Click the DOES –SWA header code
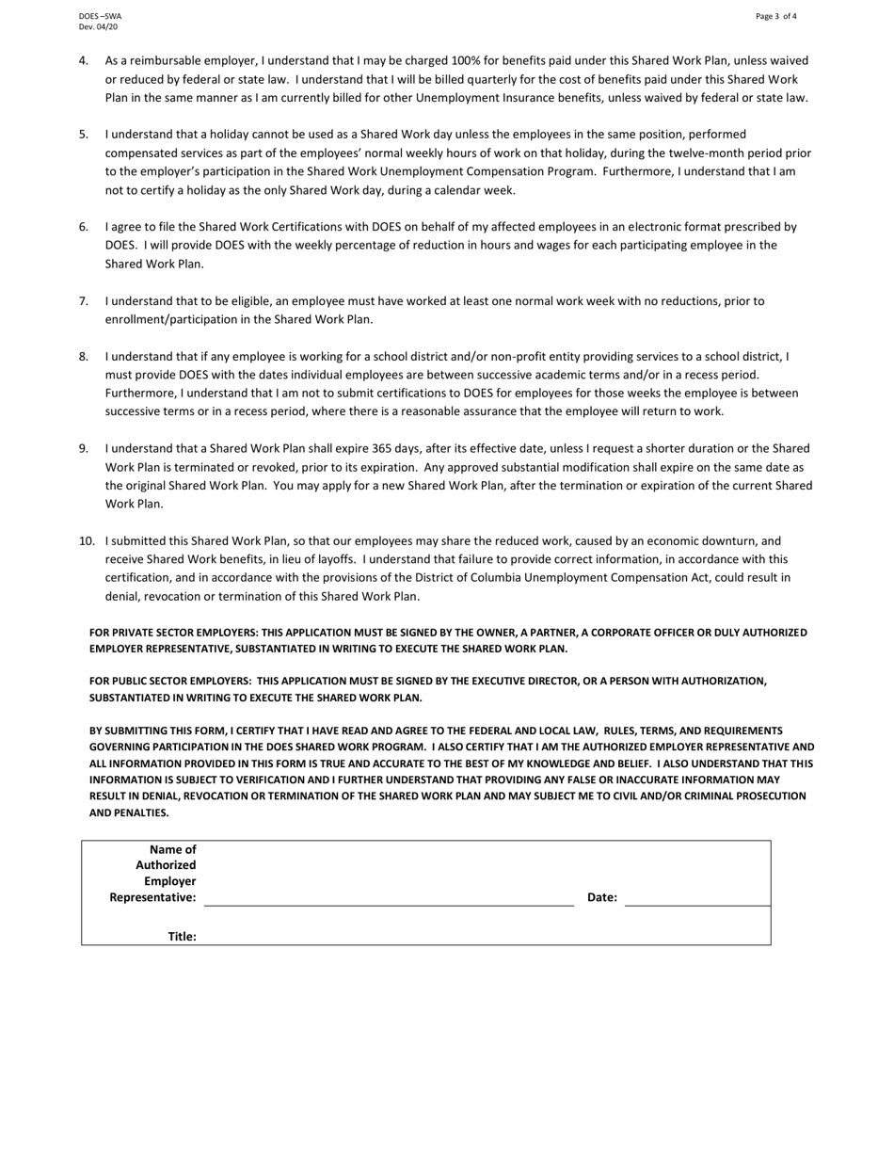tap(100, 16)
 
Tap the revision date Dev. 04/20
tap(98, 27)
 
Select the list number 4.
tap(84, 61)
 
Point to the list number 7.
tap(84, 301)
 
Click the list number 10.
tap(87, 541)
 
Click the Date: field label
tap(602, 898)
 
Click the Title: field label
tap(182, 937)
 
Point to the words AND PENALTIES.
tap(129, 812)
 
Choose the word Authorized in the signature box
tap(166, 865)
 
